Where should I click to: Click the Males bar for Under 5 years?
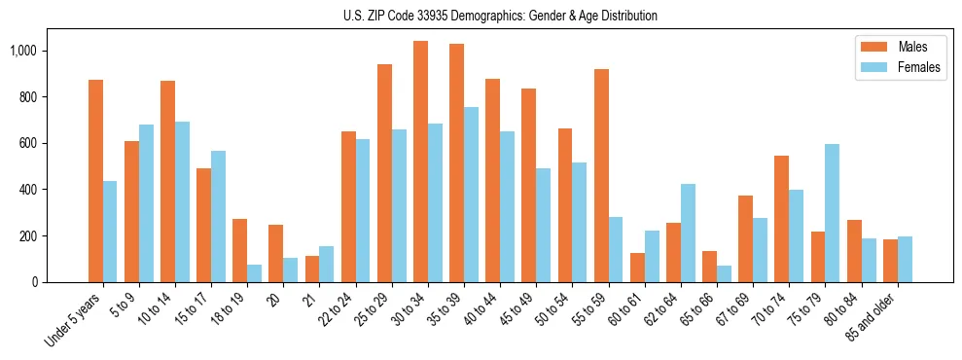pos(95,181)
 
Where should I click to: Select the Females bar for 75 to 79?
pos(833,213)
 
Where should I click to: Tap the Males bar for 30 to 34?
pos(420,162)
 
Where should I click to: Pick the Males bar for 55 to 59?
pos(601,175)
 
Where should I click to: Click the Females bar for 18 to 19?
pos(254,273)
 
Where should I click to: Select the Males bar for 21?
pos(312,269)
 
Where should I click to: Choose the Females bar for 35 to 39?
pos(471,195)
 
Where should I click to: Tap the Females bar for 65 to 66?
pos(724,273)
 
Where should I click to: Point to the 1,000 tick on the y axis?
pos(46,51)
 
